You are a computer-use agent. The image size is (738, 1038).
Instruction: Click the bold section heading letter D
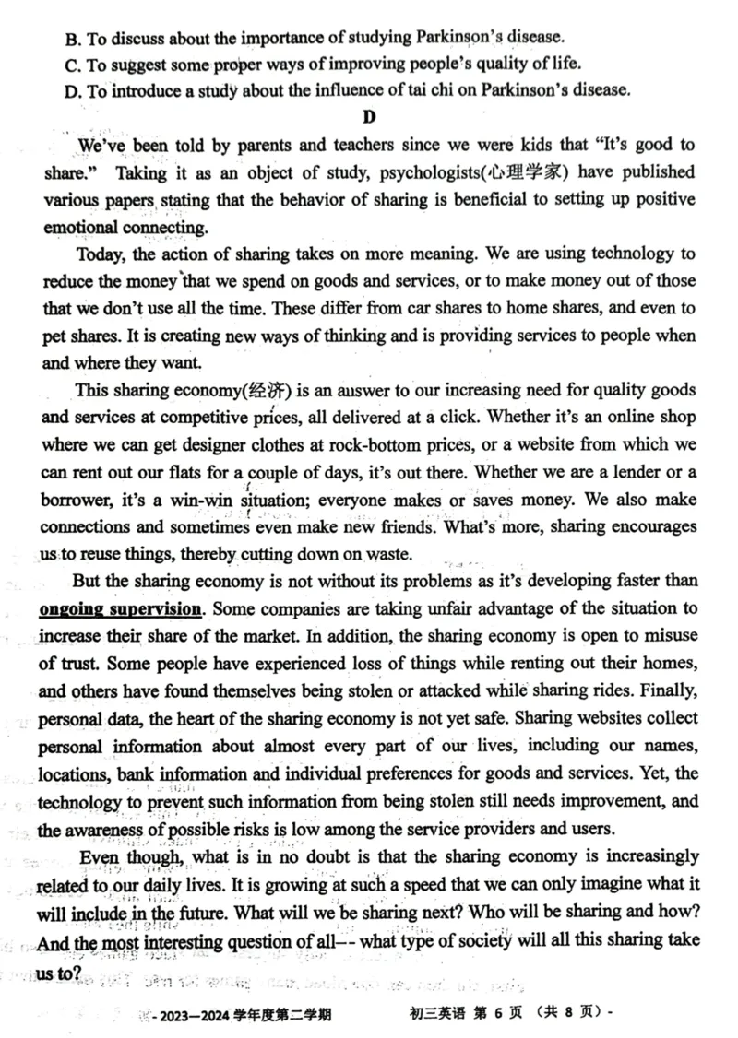(371, 115)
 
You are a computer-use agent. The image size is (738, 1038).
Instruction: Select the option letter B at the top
(73, 38)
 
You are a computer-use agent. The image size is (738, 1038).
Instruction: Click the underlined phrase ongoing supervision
(120, 608)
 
